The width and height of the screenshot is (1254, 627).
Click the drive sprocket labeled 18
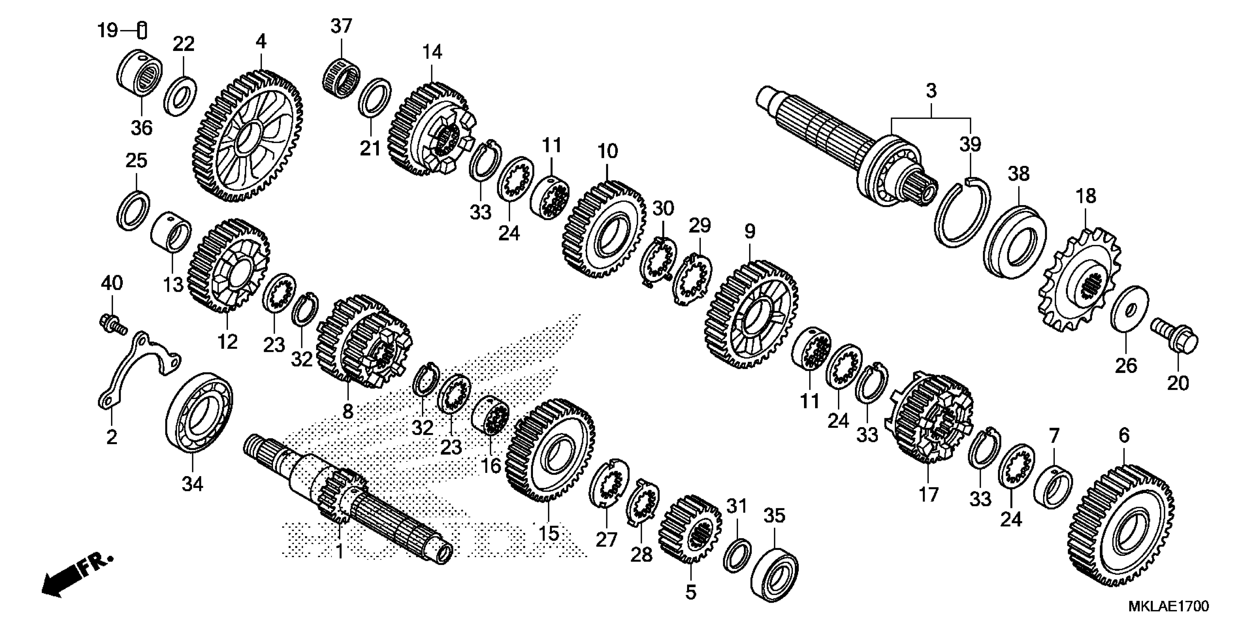pyautogui.click(x=1080, y=283)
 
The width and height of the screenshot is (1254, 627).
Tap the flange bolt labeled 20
pyautogui.click(x=1176, y=340)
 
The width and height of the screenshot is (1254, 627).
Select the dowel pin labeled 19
pyautogui.click(x=143, y=31)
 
